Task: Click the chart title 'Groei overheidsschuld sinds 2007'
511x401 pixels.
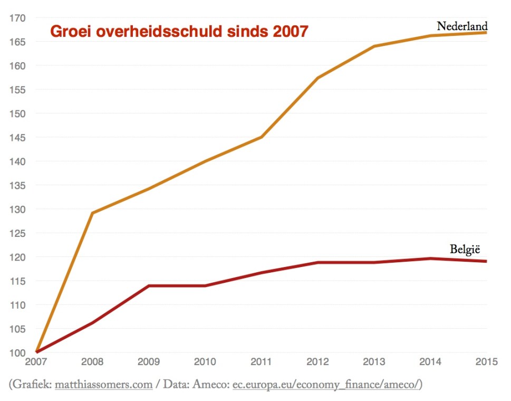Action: (179, 32)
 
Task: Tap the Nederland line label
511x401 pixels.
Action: (462, 26)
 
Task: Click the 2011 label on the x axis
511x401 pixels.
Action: (261, 362)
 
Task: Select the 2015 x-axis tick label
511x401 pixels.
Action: (485, 362)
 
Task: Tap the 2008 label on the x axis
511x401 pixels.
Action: (92, 362)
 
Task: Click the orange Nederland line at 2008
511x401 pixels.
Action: (93, 213)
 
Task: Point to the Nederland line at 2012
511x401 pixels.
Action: (318, 78)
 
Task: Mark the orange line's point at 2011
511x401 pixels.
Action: (262, 137)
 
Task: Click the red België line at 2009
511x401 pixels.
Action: (149, 285)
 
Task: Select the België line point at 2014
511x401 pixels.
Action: (430, 258)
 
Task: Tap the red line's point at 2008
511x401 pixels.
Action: (93, 322)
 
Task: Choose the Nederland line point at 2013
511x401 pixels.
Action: (374, 46)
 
